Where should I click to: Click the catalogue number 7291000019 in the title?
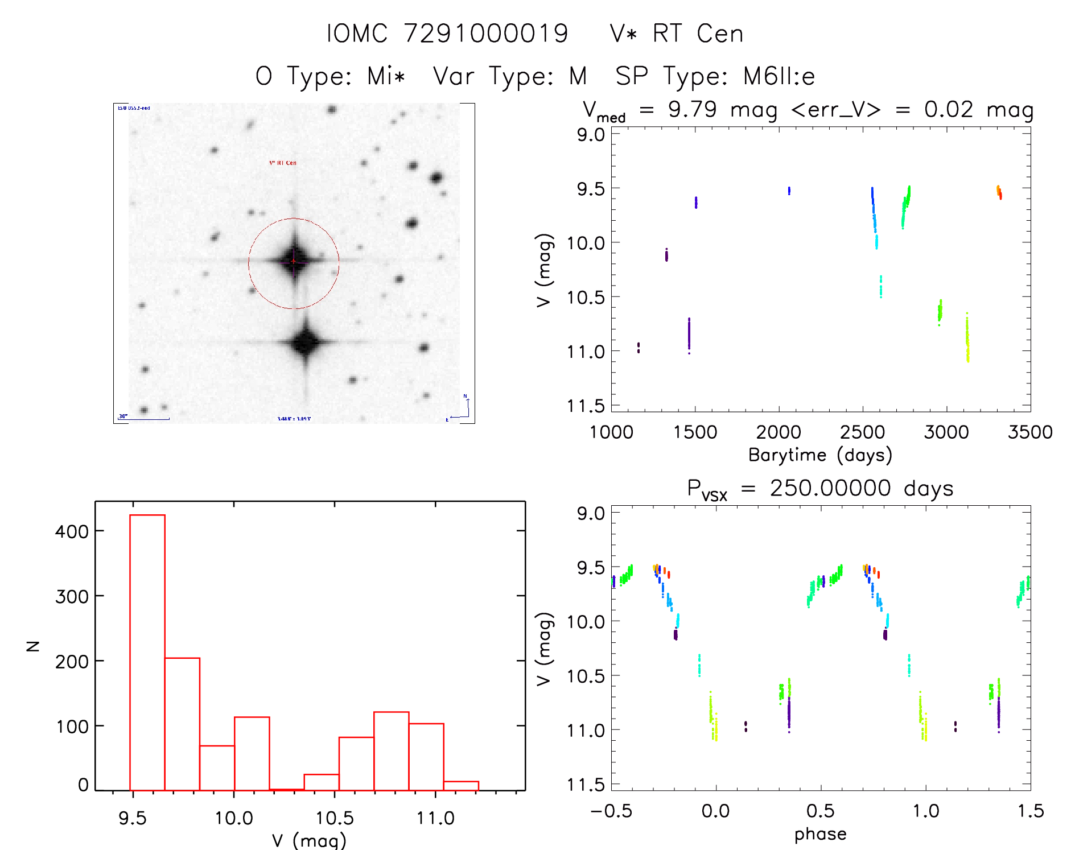(x=486, y=34)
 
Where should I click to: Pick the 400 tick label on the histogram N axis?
(x=72, y=531)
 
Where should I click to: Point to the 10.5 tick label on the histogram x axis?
(x=335, y=818)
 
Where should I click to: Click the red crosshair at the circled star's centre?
(x=294, y=261)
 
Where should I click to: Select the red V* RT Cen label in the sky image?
(x=283, y=163)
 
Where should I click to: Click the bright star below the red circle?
(x=306, y=343)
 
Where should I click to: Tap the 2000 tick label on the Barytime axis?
(x=779, y=432)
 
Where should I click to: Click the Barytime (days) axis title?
(x=820, y=455)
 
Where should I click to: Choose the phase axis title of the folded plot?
(x=820, y=834)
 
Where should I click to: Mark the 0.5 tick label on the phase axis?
(x=820, y=811)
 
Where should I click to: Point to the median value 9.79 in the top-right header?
(x=692, y=109)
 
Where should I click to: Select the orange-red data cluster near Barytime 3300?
(x=999, y=192)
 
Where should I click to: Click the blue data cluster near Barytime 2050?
(x=789, y=191)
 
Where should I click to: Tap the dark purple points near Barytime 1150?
(x=639, y=347)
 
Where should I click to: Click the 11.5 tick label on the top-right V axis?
(x=586, y=406)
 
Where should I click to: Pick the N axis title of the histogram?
(x=32, y=646)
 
